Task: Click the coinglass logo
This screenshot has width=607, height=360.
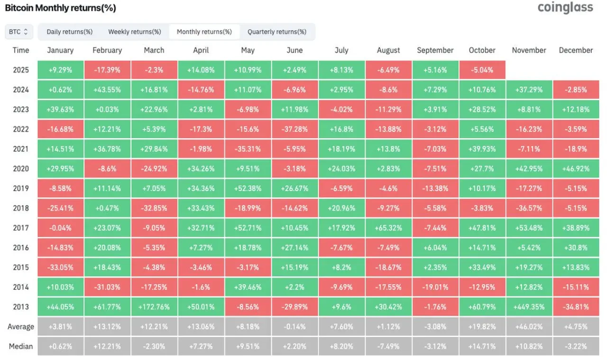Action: click(x=565, y=7)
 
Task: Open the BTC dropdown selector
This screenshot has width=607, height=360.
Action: click(x=18, y=32)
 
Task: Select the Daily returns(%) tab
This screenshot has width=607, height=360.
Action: click(x=70, y=32)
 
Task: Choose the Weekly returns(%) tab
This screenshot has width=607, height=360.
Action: click(x=135, y=32)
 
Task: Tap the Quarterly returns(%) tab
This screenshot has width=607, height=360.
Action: click(x=277, y=32)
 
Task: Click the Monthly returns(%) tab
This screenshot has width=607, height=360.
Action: click(x=204, y=32)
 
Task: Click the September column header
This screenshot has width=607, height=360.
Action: click(x=435, y=50)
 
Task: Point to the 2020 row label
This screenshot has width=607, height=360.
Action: click(x=21, y=168)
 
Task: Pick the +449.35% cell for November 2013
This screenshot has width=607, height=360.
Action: click(x=529, y=307)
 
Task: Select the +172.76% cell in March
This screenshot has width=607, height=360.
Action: click(x=154, y=307)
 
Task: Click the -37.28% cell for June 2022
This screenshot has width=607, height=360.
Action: click(x=294, y=129)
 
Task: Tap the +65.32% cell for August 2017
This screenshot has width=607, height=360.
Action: click(x=388, y=228)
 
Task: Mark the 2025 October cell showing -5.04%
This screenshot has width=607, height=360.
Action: click(x=482, y=70)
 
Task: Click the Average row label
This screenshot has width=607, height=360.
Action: click(x=21, y=327)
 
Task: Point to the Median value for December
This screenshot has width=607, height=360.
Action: click(x=576, y=346)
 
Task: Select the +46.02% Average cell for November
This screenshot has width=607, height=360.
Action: click(x=529, y=327)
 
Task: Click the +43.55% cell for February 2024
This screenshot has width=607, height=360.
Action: click(x=107, y=90)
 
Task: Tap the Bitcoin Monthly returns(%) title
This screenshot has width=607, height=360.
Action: click(x=60, y=8)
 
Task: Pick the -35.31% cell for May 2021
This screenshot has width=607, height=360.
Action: click(x=248, y=149)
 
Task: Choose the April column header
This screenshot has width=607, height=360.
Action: click(x=201, y=50)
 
